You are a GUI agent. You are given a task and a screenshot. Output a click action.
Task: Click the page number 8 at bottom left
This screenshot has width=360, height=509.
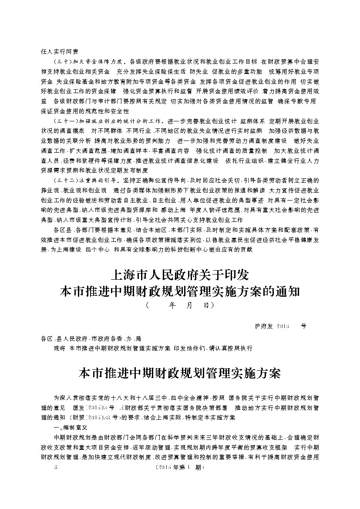52,468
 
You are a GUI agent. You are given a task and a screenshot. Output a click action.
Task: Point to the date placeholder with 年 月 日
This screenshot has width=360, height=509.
180,305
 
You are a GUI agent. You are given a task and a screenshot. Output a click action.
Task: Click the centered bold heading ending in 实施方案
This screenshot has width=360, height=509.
180,373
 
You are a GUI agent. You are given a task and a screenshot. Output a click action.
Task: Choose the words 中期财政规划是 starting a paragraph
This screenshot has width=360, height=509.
73,437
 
